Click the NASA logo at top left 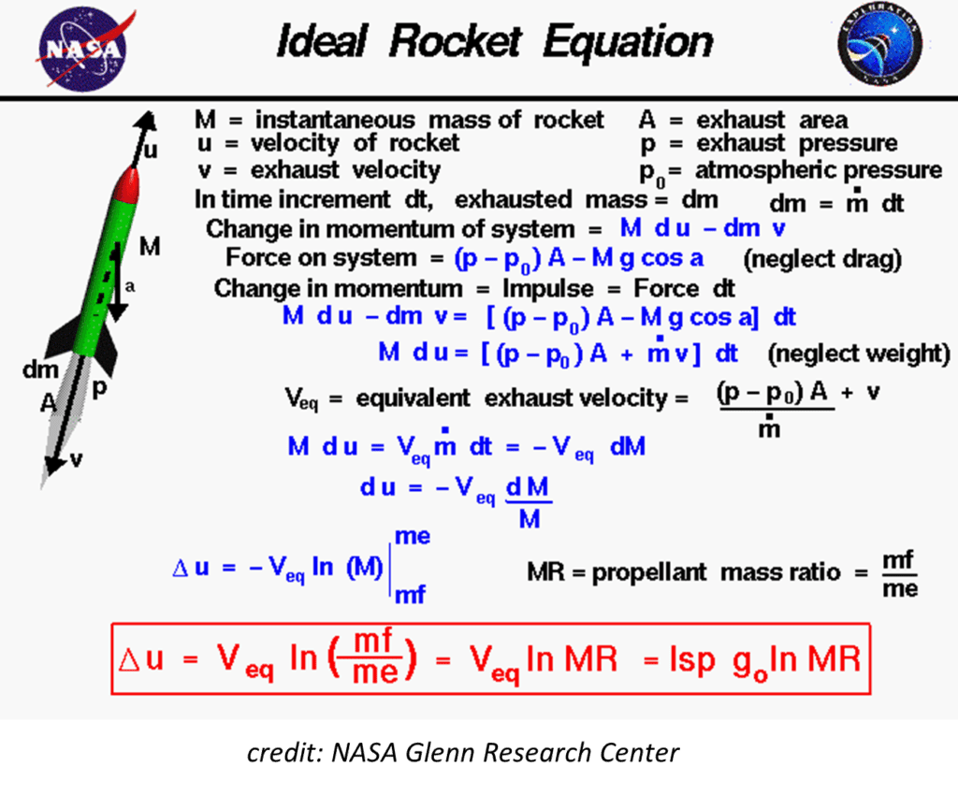(x=79, y=47)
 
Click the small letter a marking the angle (x=130, y=288)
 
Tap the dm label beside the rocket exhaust (x=40, y=370)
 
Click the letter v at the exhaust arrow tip (x=77, y=458)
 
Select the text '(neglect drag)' (x=821, y=259)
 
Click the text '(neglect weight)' (x=859, y=354)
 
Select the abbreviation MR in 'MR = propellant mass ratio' (x=545, y=572)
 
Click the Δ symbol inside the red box (x=129, y=659)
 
